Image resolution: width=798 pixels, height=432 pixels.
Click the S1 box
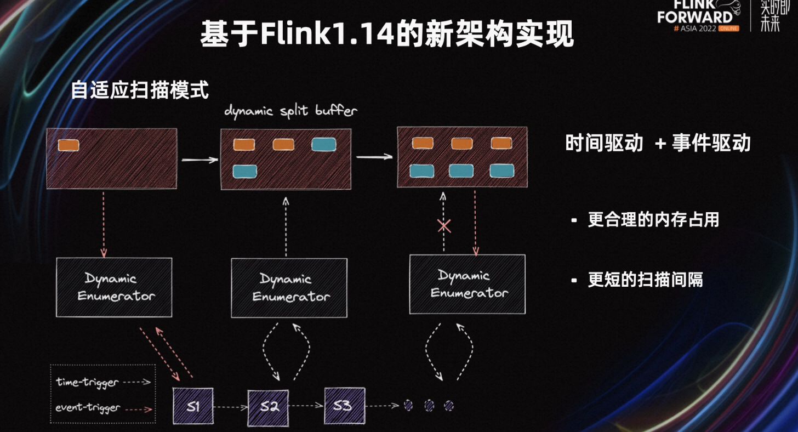193,406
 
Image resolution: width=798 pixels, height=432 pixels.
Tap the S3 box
345,406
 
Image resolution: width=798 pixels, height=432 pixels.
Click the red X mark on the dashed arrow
444,226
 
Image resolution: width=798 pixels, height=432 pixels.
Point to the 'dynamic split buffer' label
290,111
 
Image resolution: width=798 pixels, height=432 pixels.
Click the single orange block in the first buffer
69,145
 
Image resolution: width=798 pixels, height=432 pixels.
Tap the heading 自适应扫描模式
139,90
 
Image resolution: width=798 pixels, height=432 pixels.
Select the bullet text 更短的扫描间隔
645,280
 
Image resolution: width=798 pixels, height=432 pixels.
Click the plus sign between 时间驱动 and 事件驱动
660,144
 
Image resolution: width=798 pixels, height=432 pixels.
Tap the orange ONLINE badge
728,29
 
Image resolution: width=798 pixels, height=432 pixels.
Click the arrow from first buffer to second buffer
200,160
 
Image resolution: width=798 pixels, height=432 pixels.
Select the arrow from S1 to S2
231,407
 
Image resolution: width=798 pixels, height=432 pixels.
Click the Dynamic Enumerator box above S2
289,288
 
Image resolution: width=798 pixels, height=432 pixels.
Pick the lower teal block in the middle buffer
245,172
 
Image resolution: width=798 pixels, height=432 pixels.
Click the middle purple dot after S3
429,406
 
